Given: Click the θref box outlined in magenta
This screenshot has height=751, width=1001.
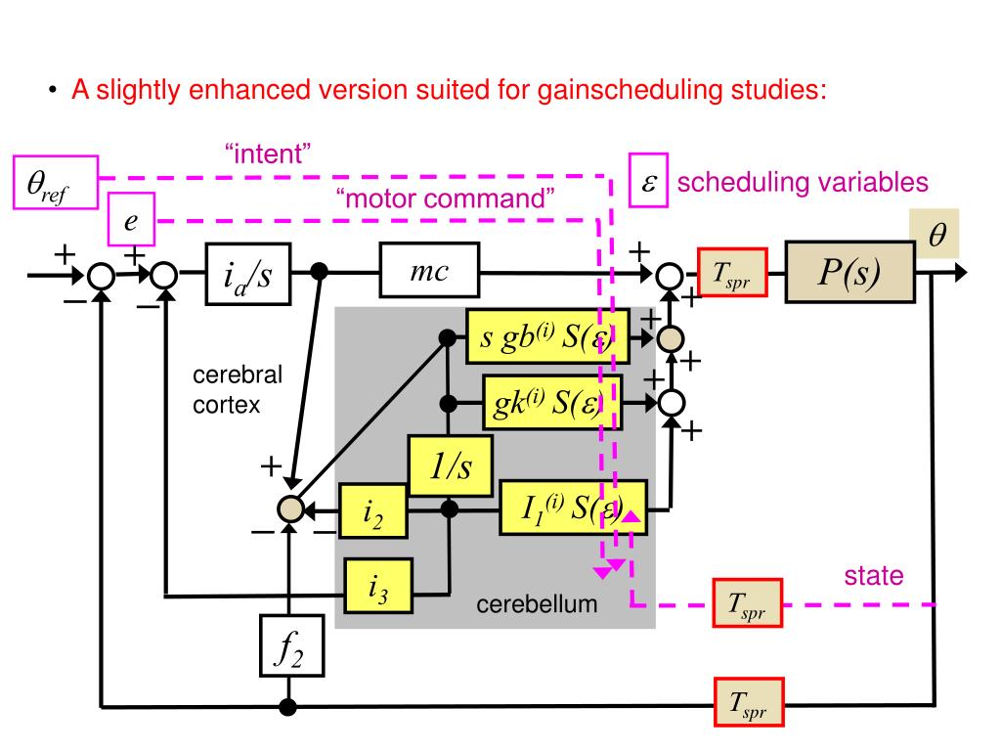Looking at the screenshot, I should coord(56,182).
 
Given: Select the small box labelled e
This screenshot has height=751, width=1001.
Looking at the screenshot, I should coord(130,221).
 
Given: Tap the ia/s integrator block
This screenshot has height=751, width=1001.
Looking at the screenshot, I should coord(248,273).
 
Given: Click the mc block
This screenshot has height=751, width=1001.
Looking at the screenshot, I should coord(429,272).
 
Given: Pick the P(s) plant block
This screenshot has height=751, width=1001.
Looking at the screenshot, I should coord(849,273).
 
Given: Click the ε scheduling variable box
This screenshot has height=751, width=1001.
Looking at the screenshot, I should coord(648,183).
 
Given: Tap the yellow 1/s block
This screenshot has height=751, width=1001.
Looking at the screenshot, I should coord(451,466).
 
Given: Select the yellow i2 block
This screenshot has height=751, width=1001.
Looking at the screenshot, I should coord(372,510).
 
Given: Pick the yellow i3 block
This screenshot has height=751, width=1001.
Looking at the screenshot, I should coord(378,585).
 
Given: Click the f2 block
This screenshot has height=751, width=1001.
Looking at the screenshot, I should coord(289,645).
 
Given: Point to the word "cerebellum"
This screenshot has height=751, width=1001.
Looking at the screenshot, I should coord(537,604).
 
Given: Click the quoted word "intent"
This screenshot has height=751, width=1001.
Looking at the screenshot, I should coord(267,153).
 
